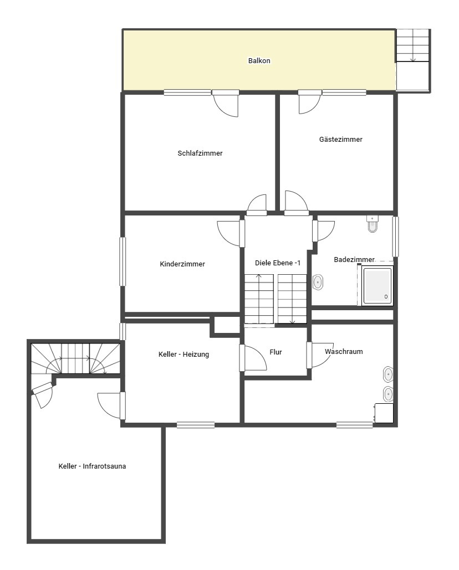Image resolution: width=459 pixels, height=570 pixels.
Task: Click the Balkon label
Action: click(x=259, y=61)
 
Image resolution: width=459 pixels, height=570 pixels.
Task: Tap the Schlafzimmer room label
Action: click(x=200, y=153)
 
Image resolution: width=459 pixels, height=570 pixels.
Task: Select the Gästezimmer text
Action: click(x=341, y=139)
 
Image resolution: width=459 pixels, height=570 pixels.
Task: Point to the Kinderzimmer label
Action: click(x=182, y=264)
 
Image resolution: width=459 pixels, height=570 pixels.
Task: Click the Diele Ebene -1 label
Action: click(x=278, y=263)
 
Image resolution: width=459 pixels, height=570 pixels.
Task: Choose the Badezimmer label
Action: click(x=354, y=260)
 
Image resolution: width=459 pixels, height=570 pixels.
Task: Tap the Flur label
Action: click(x=276, y=352)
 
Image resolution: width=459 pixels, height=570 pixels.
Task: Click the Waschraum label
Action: click(x=344, y=352)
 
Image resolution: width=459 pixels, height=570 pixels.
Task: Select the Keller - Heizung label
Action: click(x=183, y=355)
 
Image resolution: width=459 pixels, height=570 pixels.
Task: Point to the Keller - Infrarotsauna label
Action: click(x=92, y=466)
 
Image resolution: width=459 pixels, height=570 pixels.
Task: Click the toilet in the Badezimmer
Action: click(x=373, y=224)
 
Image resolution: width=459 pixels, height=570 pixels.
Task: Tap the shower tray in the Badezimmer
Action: click(x=378, y=286)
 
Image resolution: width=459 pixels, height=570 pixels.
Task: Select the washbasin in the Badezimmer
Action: click(x=318, y=282)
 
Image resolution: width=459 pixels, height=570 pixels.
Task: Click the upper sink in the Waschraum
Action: click(x=388, y=374)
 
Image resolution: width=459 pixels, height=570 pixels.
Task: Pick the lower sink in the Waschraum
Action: click(x=388, y=394)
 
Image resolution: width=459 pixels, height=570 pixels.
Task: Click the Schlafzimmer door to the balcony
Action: click(x=226, y=103)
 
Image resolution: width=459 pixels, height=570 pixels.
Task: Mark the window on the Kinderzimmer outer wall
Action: click(x=123, y=261)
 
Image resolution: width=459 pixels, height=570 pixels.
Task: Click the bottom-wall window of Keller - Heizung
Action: click(x=196, y=424)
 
